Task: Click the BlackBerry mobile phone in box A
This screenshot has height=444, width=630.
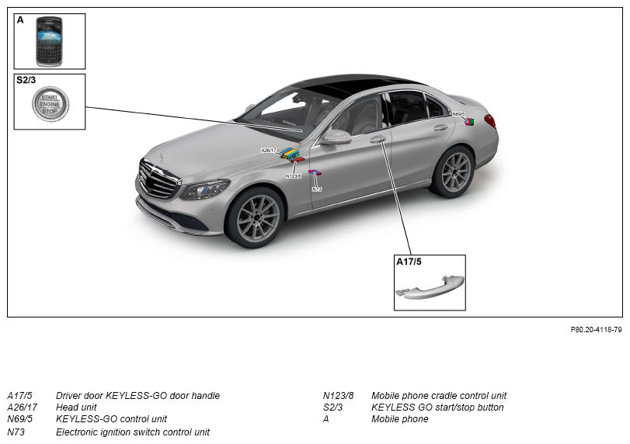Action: [x=49, y=41]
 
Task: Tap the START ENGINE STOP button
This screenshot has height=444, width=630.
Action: [x=50, y=104]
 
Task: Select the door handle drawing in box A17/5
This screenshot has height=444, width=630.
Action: [x=430, y=287]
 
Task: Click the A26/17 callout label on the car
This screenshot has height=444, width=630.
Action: [x=269, y=151]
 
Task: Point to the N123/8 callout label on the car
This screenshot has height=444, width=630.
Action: [x=294, y=176]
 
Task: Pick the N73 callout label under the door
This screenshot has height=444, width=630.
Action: [x=317, y=189]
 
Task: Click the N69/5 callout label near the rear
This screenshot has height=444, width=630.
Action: [x=458, y=114]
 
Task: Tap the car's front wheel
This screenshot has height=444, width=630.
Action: [x=255, y=217]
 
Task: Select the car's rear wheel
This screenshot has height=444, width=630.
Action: [x=453, y=172]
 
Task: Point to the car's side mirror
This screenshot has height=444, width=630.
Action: [x=336, y=137]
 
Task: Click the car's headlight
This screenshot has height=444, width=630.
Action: [x=205, y=189]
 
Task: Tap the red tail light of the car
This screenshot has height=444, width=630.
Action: [x=489, y=121]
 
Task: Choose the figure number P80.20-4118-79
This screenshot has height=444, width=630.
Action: [x=596, y=330]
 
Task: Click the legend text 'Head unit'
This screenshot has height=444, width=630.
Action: [x=76, y=407]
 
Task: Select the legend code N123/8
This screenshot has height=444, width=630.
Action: [x=338, y=395]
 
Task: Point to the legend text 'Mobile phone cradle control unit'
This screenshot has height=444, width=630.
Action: [x=439, y=395]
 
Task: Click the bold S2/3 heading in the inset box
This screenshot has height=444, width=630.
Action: [x=26, y=80]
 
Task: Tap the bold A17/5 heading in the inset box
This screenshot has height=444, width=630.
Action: [x=409, y=262]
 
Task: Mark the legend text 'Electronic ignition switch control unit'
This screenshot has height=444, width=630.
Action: [x=133, y=432]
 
